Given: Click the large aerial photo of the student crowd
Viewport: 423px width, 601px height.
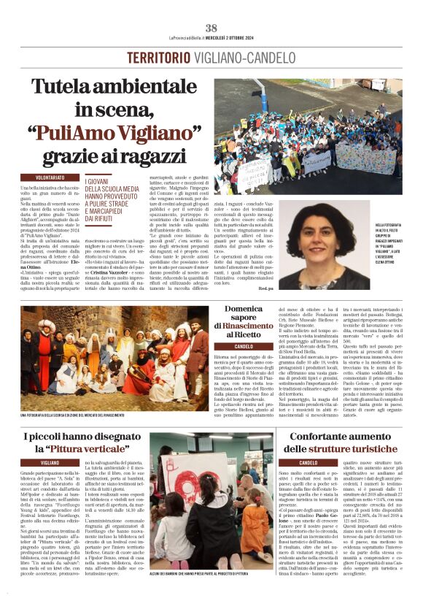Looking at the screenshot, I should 307,137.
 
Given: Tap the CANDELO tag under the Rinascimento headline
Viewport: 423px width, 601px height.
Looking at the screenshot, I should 244,346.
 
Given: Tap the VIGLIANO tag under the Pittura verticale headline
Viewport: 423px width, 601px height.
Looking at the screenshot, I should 50,464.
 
